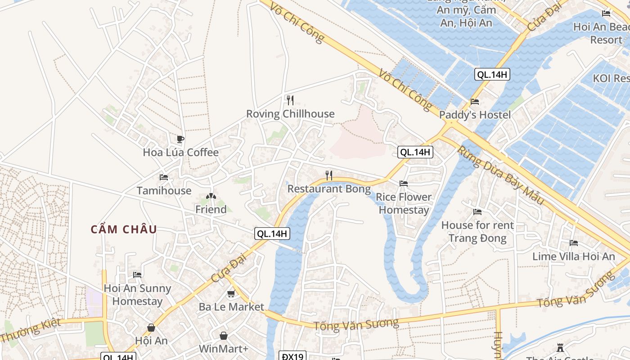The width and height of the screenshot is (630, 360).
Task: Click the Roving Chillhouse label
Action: (290, 114)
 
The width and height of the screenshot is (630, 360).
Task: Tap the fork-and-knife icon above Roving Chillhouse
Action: (290, 100)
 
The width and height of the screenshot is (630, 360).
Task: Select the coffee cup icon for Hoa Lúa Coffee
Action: (180, 139)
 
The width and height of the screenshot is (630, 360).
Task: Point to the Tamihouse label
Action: (164, 191)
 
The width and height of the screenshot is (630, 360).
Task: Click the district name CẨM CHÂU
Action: (124, 229)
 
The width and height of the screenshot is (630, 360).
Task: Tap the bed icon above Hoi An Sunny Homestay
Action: (137, 274)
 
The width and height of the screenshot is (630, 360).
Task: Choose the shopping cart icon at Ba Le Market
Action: (231, 294)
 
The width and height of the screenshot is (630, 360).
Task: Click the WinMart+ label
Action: (224, 349)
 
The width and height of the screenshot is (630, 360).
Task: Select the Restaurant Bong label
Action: (329, 189)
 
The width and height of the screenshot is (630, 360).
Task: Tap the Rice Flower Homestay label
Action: (404, 203)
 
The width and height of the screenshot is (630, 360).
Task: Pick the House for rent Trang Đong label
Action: (477, 231)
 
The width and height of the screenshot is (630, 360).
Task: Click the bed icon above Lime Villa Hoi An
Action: (574, 243)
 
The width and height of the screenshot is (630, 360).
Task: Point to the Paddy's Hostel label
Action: (475, 115)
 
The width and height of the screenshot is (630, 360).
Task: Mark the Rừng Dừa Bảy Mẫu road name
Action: (501, 175)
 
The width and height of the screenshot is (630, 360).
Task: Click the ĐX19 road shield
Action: (292, 356)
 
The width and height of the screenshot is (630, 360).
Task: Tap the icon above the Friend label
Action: (211, 196)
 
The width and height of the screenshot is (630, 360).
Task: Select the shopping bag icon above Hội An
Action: (151, 328)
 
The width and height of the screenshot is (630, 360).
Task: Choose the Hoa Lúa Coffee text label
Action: (180, 153)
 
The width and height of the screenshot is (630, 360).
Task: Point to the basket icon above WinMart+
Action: (224, 336)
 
